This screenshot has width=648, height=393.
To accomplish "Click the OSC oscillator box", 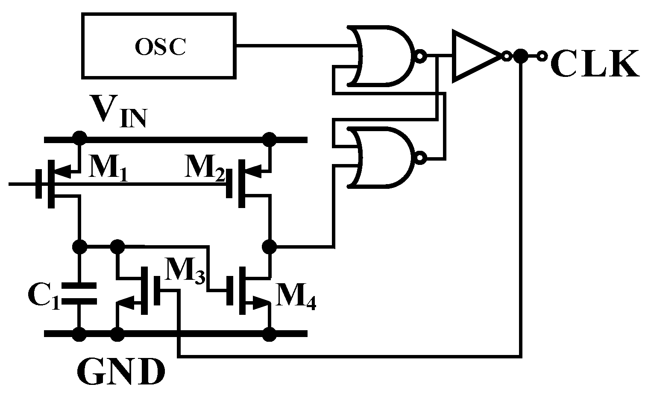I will [159, 46].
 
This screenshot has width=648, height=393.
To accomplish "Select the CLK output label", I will [595, 64].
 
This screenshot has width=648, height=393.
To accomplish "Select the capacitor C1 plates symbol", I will [79, 294].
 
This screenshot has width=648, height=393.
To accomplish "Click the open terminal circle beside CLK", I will [542, 56].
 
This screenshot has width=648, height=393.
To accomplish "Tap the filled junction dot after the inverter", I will [520, 56].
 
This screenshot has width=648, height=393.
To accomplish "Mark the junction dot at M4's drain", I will [270, 246].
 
